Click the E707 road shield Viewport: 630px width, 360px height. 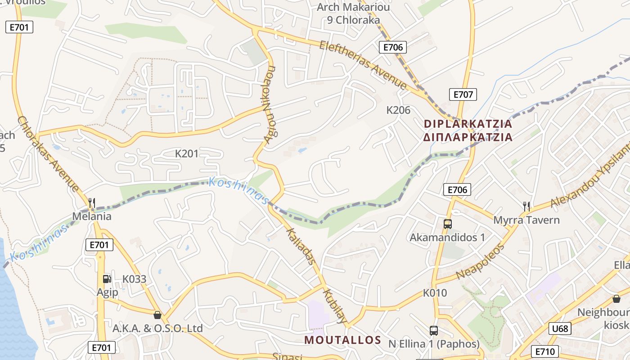463,94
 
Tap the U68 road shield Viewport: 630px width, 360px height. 560,328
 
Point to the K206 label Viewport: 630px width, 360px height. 398,110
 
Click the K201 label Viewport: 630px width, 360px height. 187,154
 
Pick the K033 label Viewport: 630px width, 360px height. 135,279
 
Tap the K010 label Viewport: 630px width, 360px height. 435,293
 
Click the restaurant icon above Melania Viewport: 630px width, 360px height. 92,203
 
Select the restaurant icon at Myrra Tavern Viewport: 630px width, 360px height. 526,207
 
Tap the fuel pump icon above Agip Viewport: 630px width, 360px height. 107,279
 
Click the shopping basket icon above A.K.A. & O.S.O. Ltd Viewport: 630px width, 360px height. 157,315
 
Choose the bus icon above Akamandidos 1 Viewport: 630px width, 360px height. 447,224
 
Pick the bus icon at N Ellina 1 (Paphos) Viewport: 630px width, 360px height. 434,331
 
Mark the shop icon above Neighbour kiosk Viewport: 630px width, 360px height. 616,298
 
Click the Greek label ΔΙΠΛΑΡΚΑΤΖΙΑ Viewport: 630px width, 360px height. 468,137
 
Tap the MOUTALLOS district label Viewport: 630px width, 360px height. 342,340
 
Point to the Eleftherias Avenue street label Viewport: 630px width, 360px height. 363,65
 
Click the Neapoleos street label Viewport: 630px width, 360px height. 480,262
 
